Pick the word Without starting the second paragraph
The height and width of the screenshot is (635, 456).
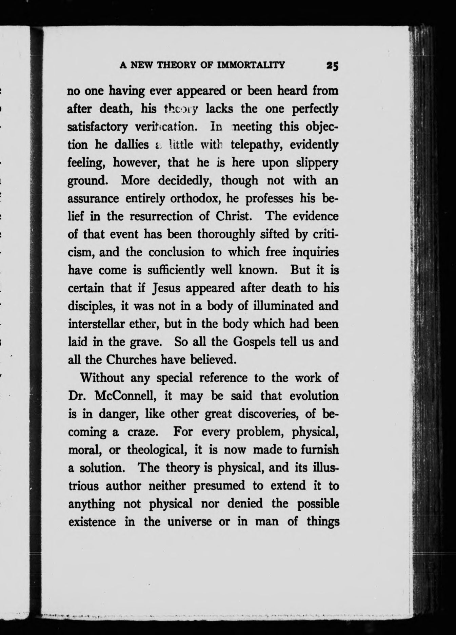102,378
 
